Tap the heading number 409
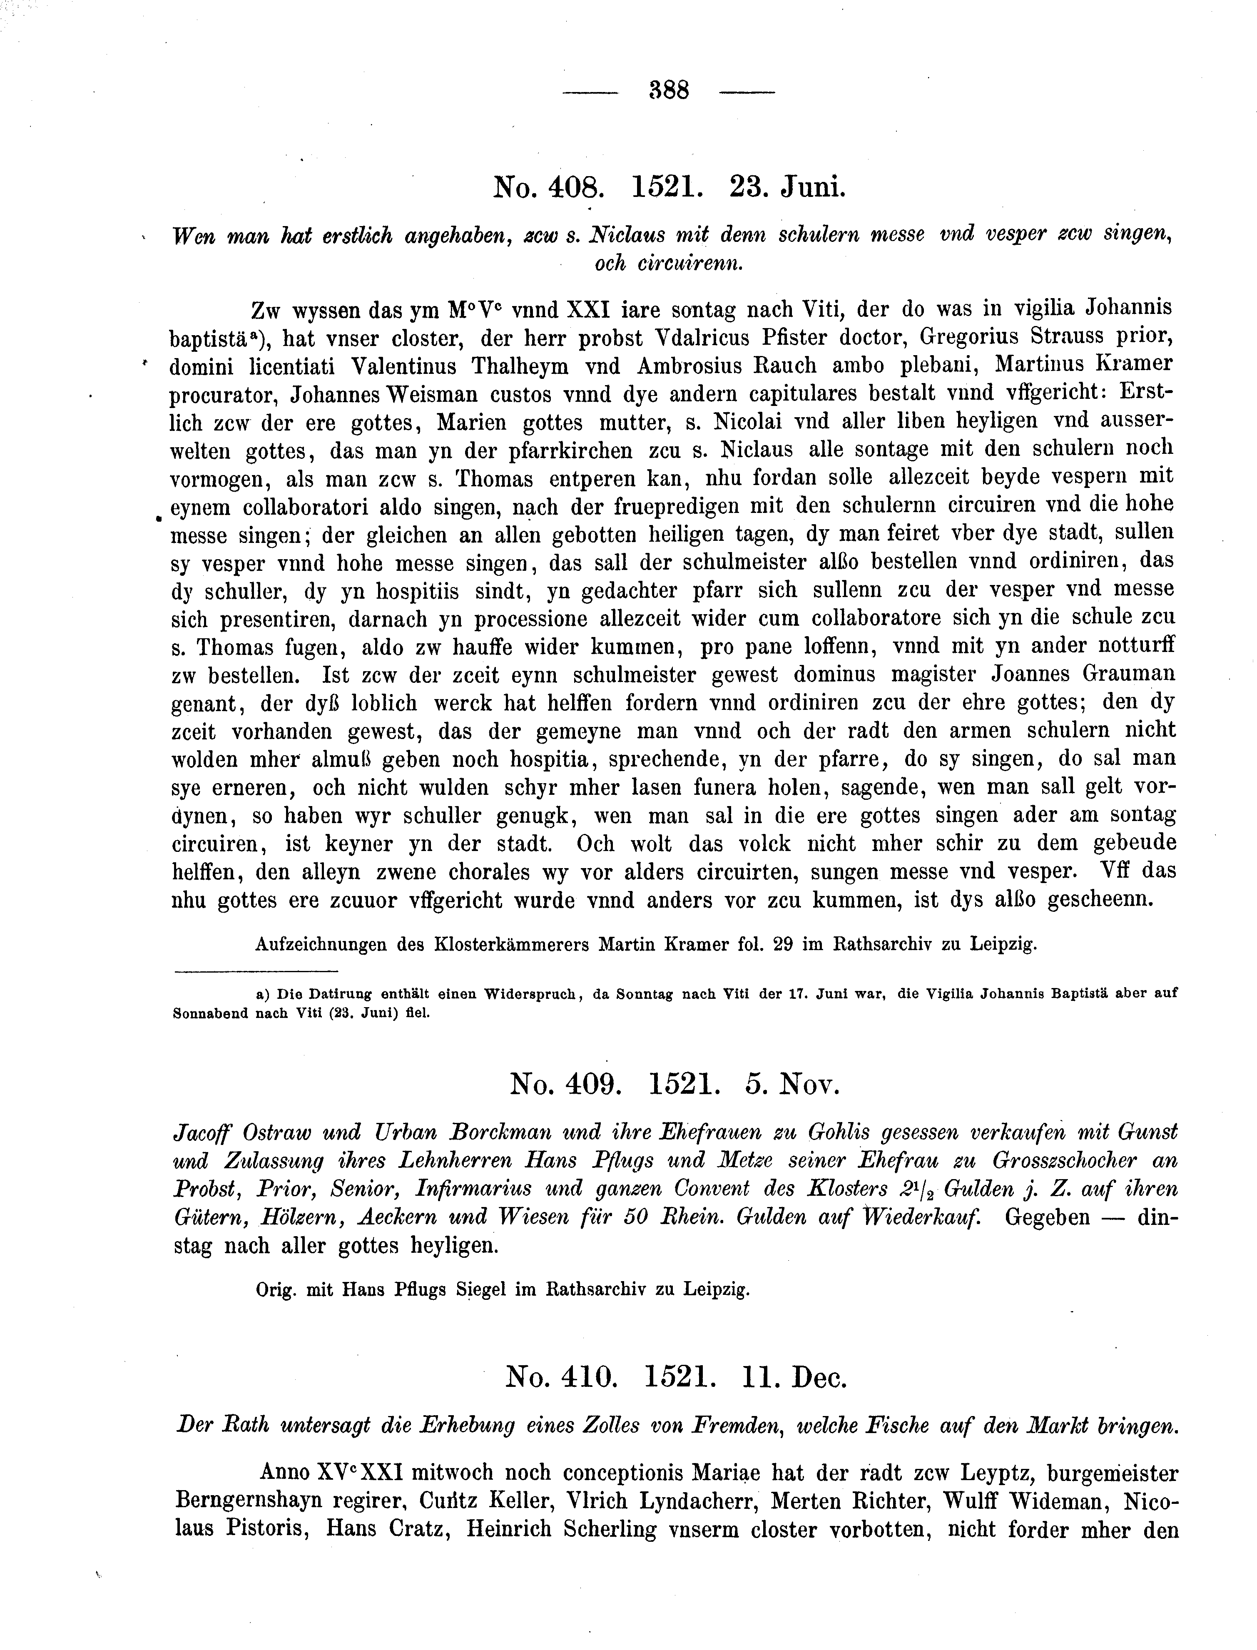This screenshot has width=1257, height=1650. point(590,1083)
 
